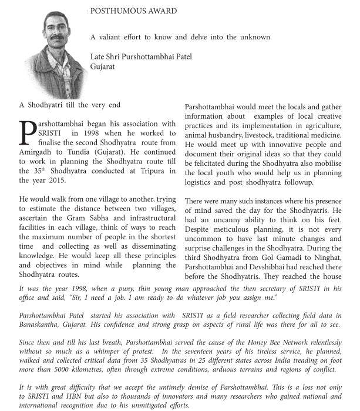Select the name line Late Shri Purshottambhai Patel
(142, 56)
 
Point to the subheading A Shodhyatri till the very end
(70, 105)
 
